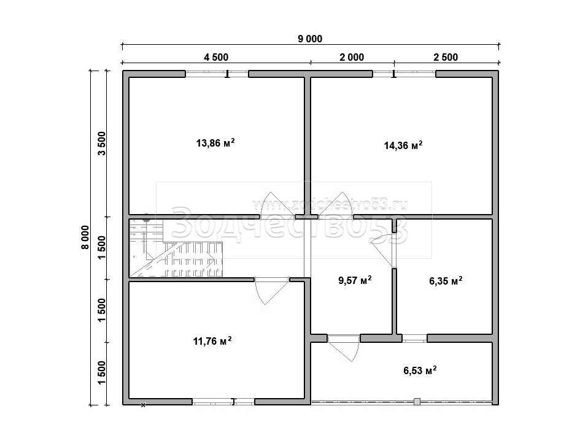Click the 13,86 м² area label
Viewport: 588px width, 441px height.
(x=215, y=143)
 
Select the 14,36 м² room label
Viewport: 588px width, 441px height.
(x=403, y=145)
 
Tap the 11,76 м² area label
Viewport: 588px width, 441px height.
(x=212, y=341)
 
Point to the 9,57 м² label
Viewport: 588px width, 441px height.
(x=355, y=280)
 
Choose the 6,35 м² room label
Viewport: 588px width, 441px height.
(x=446, y=281)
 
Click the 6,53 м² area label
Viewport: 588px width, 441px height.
(x=420, y=370)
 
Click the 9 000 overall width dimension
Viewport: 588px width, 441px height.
(x=310, y=39)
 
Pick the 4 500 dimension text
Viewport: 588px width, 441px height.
(x=216, y=57)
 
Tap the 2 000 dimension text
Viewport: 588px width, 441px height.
(x=352, y=57)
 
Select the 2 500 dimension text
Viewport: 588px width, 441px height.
(x=446, y=57)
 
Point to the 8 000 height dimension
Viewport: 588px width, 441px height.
(x=85, y=237)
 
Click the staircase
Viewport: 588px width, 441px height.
(x=176, y=248)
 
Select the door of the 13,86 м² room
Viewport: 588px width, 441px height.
(x=277, y=205)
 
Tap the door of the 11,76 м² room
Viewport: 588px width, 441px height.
(x=272, y=290)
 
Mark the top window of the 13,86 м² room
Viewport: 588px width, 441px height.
(x=217, y=74)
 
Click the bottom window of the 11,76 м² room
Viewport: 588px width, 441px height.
(x=223, y=402)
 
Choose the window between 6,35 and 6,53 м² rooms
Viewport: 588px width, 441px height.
(x=414, y=338)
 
